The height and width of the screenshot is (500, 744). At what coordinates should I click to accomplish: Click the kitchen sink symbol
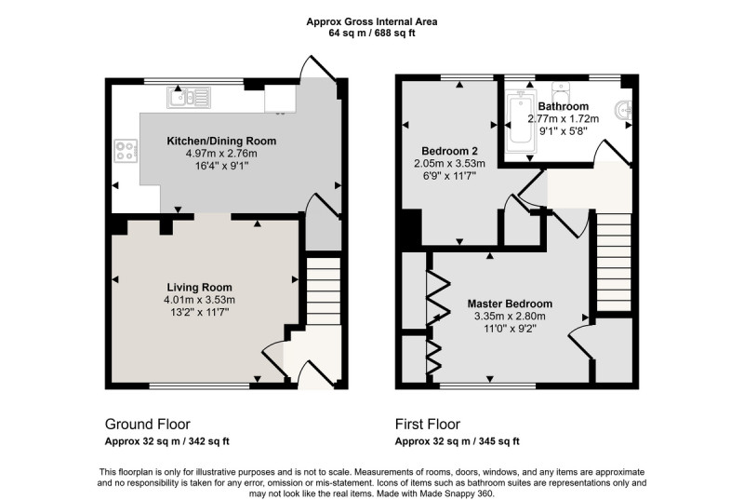(189, 98)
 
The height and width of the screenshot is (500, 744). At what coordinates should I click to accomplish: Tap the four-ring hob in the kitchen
(126, 151)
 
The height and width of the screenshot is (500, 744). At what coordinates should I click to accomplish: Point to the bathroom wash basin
(623, 111)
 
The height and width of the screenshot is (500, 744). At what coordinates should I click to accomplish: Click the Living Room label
(199, 288)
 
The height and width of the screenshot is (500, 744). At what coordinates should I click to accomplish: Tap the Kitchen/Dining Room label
(221, 141)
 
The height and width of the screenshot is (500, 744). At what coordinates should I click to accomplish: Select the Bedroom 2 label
(450, 151)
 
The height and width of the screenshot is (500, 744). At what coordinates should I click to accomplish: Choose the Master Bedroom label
(510, 304)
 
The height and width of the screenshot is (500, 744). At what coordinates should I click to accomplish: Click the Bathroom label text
(564, 106)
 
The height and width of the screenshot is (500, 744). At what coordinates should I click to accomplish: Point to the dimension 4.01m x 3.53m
(199, 300)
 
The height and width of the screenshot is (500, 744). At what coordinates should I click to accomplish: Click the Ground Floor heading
(148, 424)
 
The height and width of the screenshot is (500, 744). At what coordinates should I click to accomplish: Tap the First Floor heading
(428, 424)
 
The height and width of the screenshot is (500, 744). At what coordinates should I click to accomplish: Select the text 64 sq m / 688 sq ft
(372, 34)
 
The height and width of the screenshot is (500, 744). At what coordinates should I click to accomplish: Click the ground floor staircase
(324, 291)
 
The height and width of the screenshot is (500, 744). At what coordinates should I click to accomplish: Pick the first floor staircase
(614, 262)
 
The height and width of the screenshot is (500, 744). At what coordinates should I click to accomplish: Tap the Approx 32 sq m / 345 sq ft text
(458, 441)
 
